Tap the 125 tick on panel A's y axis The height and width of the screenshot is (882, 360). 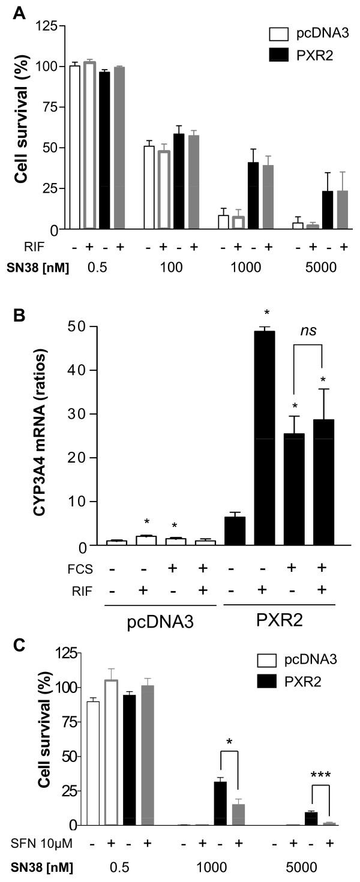[x=50, y=25]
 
